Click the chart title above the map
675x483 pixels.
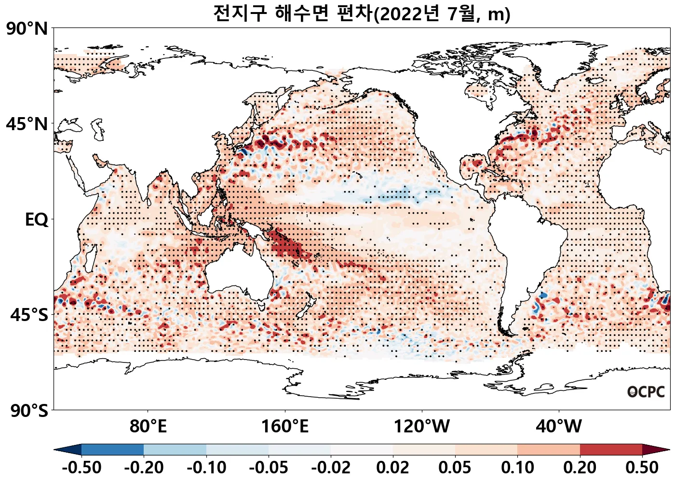pos(362,13)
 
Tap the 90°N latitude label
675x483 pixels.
pos(27,29)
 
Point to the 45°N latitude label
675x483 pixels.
pos(27,124)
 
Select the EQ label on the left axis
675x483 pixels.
pos(37,220)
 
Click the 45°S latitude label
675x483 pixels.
pos(29,315)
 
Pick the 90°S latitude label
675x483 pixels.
pos(29,411)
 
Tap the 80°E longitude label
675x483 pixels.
pos(148,427)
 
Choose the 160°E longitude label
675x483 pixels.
pos(285,427)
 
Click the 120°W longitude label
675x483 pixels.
pos(422,427)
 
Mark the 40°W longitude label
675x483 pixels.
pos(559,427)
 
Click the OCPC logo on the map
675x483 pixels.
pos(646,392)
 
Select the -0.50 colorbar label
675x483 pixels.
pos(81,468)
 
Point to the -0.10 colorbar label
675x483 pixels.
pos(206,468)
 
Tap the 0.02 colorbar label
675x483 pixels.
pos(393,468)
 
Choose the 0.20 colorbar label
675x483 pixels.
pos(580,468)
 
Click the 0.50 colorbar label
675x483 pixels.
pos(642,468)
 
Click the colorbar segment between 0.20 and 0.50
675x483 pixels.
pos(611,450)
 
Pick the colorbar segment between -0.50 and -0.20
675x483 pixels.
pos(112,450)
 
